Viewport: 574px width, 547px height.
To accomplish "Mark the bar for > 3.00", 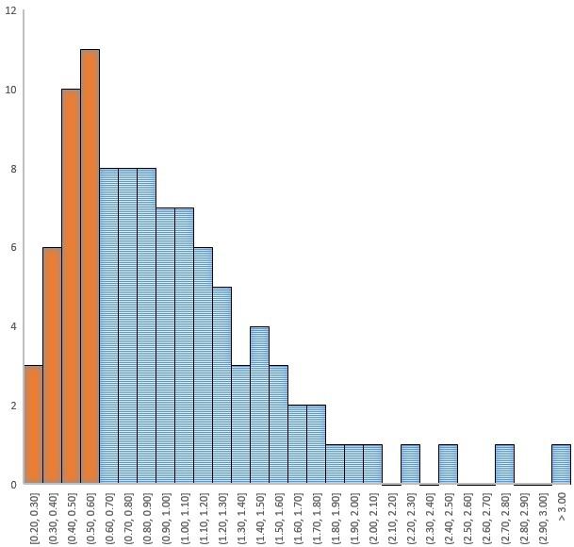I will click(x=561, y=465).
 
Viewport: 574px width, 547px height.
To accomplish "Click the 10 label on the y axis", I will click(x=8, y=91).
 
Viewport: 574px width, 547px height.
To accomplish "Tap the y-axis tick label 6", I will click(x=11, y=248).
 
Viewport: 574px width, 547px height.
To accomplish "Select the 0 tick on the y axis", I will click(x=11, y=485).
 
